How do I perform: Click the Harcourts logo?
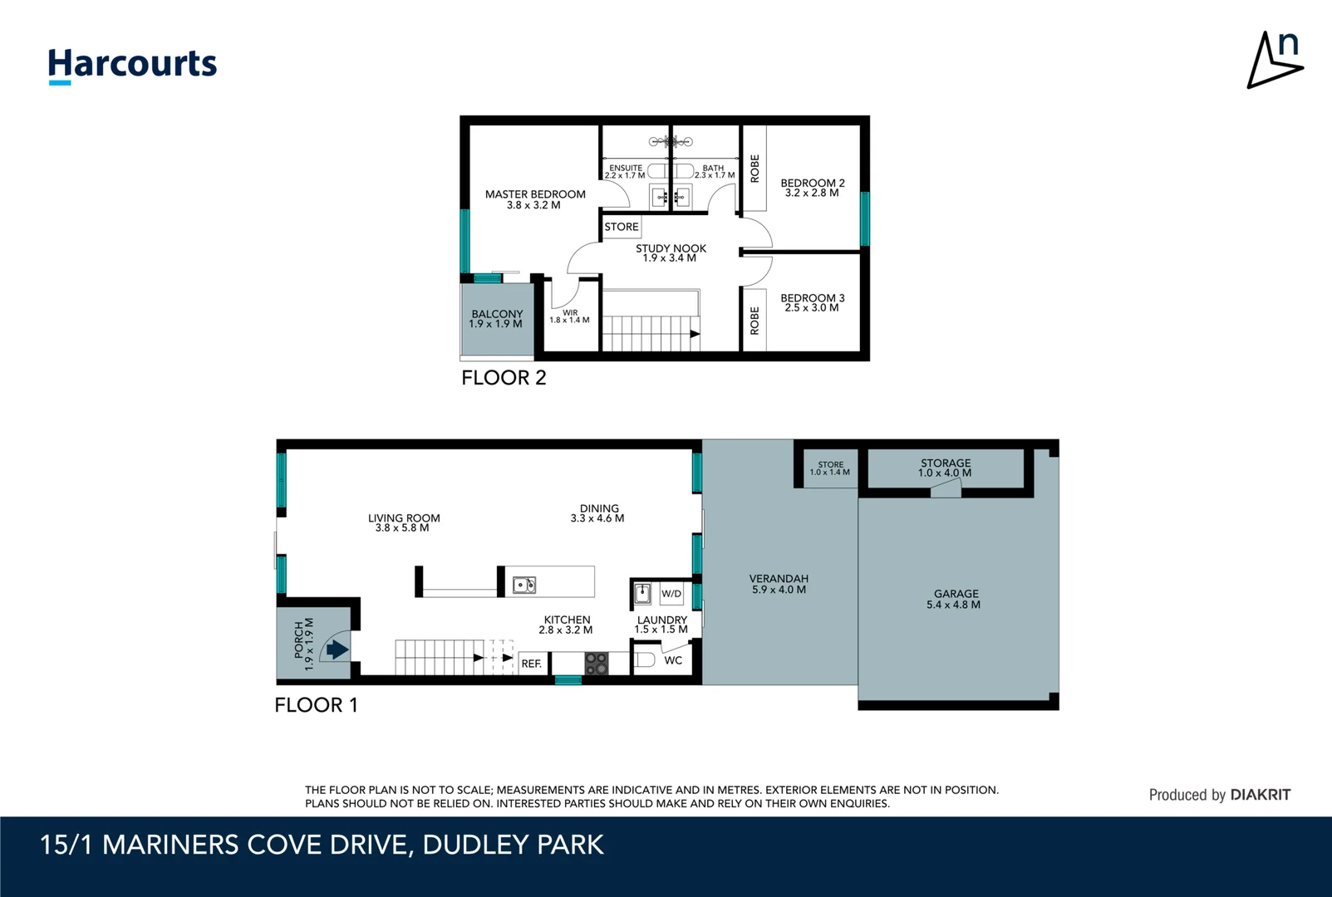coord(132,66)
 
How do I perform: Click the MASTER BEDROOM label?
coord(534,199)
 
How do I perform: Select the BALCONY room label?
coord(497,319)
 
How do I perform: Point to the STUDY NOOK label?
coord(671,252)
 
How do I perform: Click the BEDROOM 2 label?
coord(813,188)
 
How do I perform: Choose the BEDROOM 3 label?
coord(813,302)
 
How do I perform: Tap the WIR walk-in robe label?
coord(570,316)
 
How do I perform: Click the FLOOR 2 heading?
coord(504,377)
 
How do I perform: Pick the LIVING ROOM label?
coord(404,522)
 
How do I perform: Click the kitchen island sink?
coord(523,585)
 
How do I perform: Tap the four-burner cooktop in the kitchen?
coord(596,664)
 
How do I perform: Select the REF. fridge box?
coord(531,664)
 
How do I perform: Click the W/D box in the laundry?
coord(671,593)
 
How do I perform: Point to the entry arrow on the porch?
coord(337,649)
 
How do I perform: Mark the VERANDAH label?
coord(779,584)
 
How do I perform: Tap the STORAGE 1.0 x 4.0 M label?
coord(946,468)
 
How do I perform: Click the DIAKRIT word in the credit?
coord(1260,795)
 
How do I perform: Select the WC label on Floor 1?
coord(673,660)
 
